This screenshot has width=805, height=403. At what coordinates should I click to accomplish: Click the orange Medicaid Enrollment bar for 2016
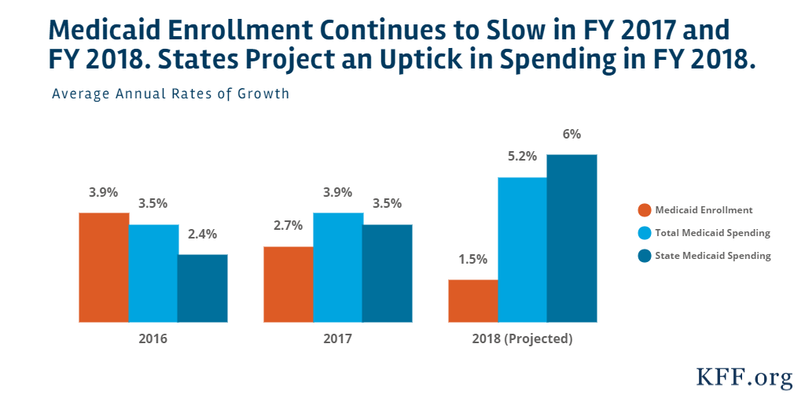tap(104, 268)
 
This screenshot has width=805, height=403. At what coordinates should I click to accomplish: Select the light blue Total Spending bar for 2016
tap(153, 273)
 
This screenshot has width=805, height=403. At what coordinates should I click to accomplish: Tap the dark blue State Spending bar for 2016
tap(203, 288)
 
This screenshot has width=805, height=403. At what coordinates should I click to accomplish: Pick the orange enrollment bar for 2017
tap(288, 284)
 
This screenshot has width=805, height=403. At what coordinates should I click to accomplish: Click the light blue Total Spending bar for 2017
tap(337, 268)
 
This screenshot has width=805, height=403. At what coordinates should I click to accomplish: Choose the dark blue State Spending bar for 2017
tap(387, 273)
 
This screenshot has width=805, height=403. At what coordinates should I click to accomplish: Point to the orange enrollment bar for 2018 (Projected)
tap(472, 301)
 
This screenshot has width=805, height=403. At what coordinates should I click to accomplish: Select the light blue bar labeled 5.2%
tap(522, 250)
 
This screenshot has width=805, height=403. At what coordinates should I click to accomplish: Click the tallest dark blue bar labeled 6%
tap(572, 238)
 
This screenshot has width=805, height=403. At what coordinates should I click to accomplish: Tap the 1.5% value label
tap(472, 259)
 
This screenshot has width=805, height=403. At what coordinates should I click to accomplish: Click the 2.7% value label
tap(288, 226)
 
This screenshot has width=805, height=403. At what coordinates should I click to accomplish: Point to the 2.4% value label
tap(203, 234)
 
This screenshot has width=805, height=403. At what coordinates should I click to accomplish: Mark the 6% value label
tap(572, 135)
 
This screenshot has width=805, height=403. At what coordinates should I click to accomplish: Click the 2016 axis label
tap(153, 340)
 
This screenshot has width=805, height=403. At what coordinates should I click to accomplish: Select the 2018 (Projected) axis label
tap(522, 340)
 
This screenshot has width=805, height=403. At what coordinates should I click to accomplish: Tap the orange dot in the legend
tap(645, 210)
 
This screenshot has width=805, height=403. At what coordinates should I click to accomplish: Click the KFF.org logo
tap(744, 379)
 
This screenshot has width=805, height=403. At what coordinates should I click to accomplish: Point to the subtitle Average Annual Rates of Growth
tap(171, 94)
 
